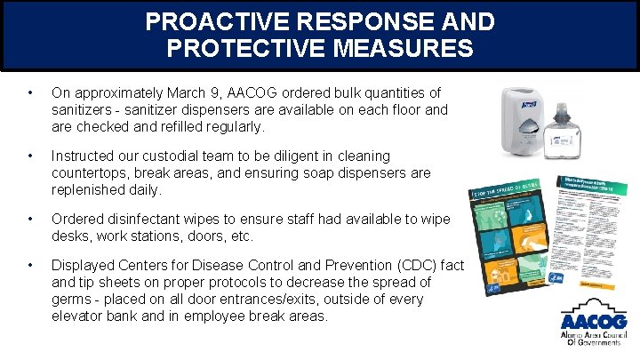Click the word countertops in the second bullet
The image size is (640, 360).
pyautogui.click(x=92, y=172)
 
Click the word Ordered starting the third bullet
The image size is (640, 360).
pyautogui.click(x=77, y=220)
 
